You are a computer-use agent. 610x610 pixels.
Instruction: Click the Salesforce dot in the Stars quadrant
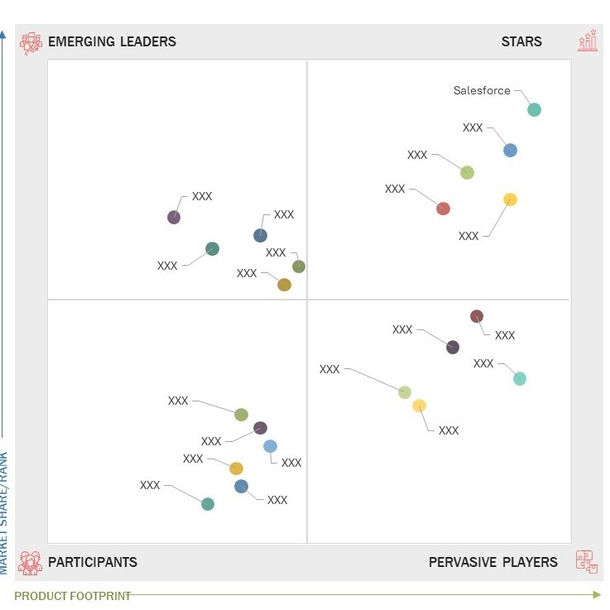coord(534,109)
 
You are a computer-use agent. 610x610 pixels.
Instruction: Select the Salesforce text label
coord(482,91)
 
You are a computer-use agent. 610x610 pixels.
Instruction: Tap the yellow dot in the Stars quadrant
coord(510,199)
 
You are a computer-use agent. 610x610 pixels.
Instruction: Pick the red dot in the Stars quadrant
coord(443,209)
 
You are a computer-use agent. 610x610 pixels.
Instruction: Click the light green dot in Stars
coord(467,173)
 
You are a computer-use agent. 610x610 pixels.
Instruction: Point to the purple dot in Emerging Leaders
coord(174,218)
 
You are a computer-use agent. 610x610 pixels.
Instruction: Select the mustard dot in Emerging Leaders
coord(284,285)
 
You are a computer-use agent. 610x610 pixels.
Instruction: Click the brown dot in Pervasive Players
coord(477,316)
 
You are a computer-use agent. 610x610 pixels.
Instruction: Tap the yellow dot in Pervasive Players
coord(420,406)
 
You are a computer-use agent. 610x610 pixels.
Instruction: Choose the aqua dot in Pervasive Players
coord(520,379)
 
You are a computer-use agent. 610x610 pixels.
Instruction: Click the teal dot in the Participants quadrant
coord(208,504)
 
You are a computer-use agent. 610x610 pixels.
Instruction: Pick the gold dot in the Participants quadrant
coord(237,468)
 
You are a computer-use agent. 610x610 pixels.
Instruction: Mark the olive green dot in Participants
coord(241,415)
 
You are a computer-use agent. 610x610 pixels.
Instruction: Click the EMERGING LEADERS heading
coord(112,41)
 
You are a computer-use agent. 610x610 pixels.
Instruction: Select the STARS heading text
coord(521,41)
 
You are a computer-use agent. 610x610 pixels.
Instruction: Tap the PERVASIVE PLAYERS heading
coord(493,562)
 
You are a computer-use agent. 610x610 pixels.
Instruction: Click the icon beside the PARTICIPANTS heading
coord(31,563)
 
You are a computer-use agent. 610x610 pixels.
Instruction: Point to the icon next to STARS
coord(588,41)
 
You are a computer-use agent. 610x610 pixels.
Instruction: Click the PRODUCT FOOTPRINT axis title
coord(73,596)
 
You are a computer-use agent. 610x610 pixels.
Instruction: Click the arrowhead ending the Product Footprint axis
coord(597,594)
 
